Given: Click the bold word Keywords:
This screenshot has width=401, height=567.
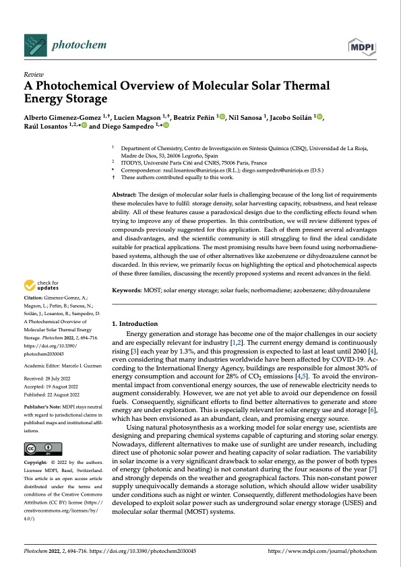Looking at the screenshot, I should click(x=127, y=290).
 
